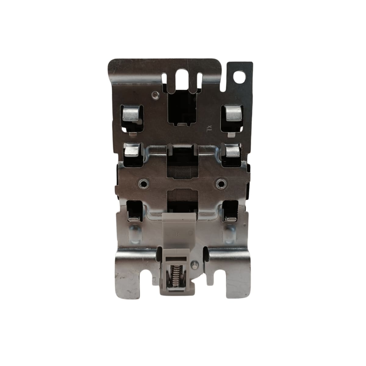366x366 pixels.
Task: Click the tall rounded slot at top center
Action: pos(181,77)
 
